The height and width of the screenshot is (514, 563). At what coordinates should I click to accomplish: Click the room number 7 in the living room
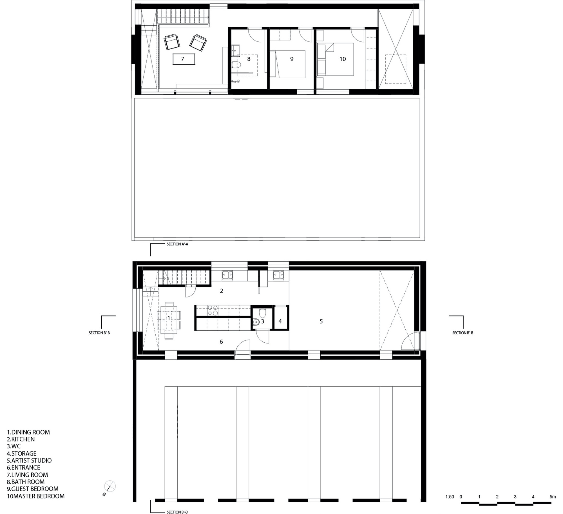(182, 59)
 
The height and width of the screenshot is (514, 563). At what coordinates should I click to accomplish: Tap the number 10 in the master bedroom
(343, 59)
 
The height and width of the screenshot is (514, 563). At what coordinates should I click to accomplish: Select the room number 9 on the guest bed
(292, 59)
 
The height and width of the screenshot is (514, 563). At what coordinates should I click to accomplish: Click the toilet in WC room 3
(262, 313)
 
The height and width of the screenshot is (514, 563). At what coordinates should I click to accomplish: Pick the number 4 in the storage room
(280, 321)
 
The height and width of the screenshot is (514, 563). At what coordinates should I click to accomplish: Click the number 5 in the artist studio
(321, 321)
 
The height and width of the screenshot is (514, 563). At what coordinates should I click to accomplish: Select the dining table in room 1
(169, 320)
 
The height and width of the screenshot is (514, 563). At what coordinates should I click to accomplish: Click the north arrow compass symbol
(110, 486)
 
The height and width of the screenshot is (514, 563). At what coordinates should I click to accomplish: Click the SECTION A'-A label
(177, 244)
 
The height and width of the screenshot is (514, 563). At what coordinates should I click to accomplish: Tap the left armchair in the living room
(172, 42)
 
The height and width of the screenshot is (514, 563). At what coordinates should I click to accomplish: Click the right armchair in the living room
(198, 43)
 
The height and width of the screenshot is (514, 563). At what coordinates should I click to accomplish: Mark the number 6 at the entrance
(221, 342)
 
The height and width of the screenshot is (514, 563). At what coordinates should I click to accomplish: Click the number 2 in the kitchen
(222, 291)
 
